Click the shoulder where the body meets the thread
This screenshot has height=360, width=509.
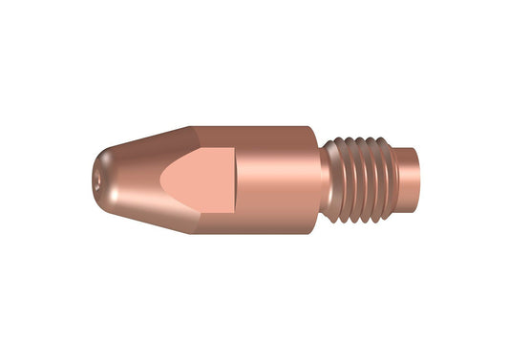(316, 181)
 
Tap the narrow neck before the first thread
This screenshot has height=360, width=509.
(325, 181)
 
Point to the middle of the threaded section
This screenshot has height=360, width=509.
(361, 181)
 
